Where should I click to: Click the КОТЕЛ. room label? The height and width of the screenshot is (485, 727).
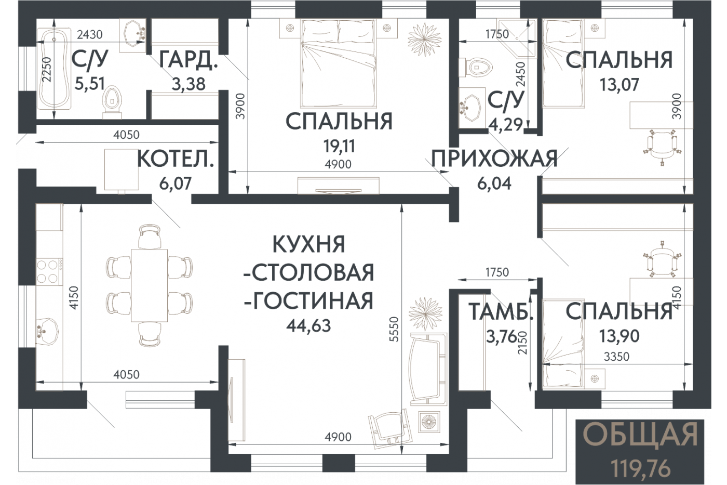[176, 159]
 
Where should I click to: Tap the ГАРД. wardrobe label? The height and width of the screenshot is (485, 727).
[188, 60]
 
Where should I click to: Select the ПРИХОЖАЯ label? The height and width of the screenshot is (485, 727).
[494, 159]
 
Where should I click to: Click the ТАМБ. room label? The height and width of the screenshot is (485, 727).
[501, 311]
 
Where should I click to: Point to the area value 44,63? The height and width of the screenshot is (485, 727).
[308, 326]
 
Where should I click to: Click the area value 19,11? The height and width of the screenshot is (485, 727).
[339, 146]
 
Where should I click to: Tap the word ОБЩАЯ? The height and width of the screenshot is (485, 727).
[640, 435]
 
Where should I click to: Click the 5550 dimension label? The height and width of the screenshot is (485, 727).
[394, 329]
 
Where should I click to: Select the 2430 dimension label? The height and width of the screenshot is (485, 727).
[89, 34]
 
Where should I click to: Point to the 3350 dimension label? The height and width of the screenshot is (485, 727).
[617, 357]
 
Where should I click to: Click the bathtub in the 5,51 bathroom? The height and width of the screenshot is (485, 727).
[54, 69]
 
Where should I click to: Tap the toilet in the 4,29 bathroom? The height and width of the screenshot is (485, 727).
[475, 68]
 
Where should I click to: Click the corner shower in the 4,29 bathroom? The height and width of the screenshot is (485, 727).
[517, 38]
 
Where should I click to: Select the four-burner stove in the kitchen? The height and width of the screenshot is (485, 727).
[49, 271]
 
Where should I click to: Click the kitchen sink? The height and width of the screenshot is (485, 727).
[47, 331]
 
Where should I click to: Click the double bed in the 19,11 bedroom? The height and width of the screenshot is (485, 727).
[339, 63]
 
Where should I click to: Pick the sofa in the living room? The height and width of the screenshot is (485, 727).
[428, 369]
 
